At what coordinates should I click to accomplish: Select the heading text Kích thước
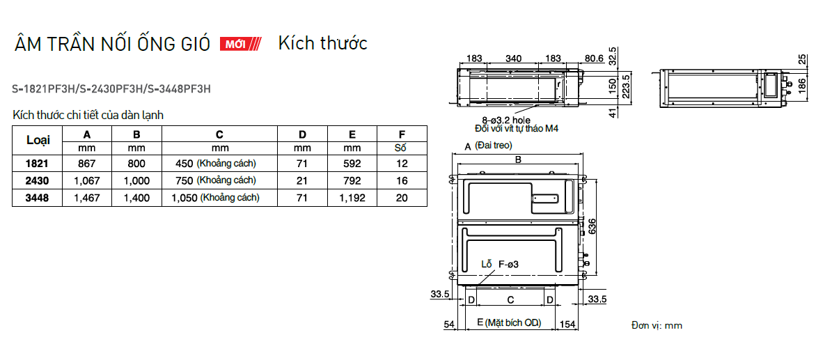[x=322, y=43]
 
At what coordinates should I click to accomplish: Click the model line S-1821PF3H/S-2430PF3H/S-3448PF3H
[x=111, y=89]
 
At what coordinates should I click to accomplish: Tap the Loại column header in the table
[x=38, y=140]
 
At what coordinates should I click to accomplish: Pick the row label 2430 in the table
[x=38, y=180]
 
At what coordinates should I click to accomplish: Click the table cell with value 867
[x=87, y=164]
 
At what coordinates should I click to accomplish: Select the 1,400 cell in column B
[x=136, y=198]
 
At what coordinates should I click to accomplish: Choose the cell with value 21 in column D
[x=302, y=180]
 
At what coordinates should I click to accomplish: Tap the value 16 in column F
[x=401, y=180]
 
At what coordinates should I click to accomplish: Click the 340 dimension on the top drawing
[x=514, y=58]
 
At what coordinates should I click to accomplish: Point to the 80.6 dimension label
[x=593, y=58]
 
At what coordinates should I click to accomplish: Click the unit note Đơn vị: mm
[x=657, y=325]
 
